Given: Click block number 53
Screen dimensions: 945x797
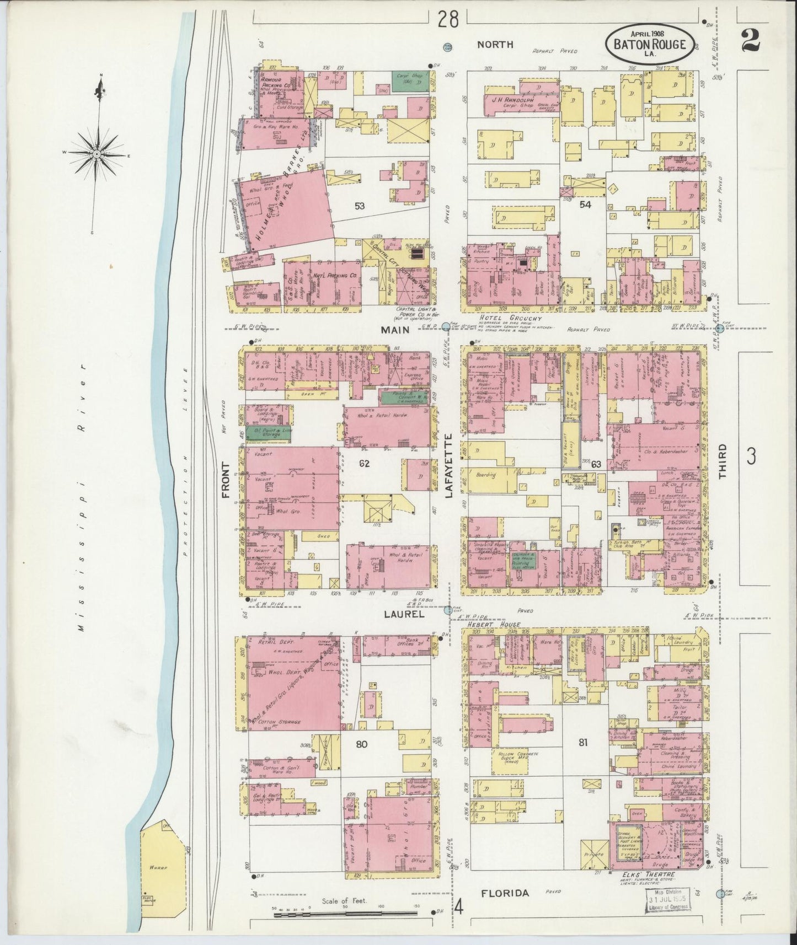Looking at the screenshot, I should click(x=360, y=206).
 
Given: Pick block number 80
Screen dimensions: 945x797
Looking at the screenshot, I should click(x=361, y=744).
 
